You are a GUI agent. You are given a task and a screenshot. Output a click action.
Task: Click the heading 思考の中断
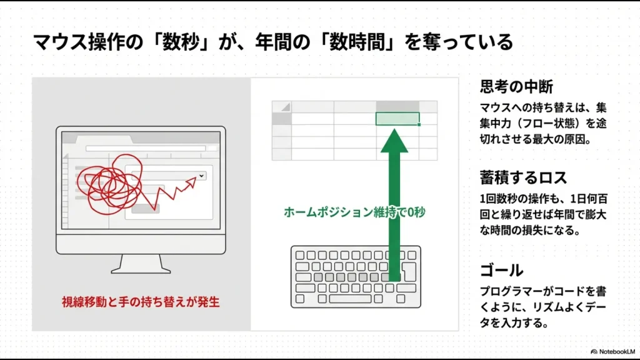coord(516,86)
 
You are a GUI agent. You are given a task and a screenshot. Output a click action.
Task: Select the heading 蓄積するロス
coord(523,177)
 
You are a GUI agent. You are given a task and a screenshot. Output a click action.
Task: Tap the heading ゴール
coord(501,271)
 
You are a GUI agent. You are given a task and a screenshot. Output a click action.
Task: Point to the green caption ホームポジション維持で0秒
coord(354,212)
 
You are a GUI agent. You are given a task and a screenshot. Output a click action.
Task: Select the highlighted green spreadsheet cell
coord(397,119)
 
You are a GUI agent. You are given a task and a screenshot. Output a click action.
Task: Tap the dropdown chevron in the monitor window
coord(201,176)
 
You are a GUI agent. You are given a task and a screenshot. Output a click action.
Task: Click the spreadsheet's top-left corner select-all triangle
coord(285,107)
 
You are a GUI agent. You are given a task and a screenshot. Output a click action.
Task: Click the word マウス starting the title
coord(57,42)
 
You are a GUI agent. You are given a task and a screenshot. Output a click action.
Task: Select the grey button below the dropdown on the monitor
coord(145,208)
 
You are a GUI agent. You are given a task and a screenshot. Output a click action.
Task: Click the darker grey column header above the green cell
coord(397,106)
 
